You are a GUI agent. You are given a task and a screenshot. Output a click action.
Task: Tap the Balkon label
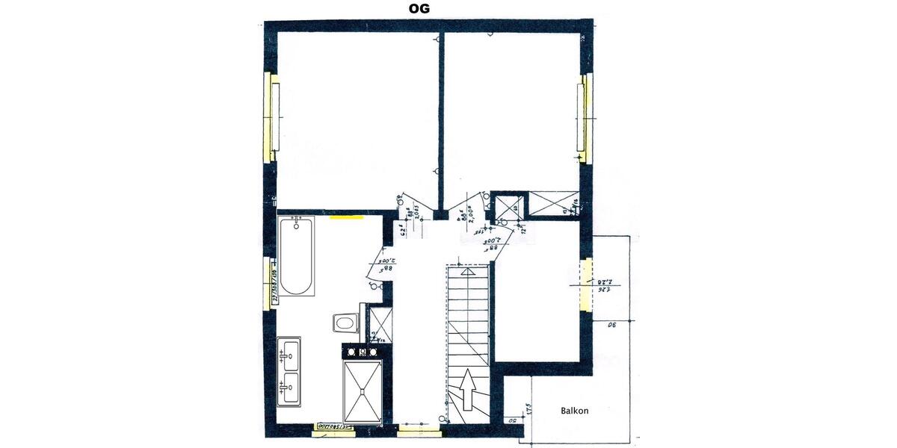point(574,411)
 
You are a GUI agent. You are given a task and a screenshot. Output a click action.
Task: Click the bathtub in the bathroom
point(297,257)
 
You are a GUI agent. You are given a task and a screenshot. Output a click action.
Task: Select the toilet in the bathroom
point(346,323)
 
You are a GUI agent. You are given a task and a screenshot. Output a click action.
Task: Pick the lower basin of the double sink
point(290,387)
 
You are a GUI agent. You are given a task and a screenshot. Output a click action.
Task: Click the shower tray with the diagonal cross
point(362,391)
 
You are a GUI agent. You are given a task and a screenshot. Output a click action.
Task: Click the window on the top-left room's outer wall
point(271,117)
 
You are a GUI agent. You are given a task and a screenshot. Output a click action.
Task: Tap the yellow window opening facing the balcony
point(587,284)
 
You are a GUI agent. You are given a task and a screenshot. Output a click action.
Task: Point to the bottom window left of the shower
point(334,427)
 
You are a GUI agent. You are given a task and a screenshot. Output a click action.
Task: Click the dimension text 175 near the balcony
point(528,408)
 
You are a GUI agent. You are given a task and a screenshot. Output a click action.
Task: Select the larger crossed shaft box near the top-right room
point(554,203)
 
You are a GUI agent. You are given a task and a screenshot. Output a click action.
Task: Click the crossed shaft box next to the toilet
point(380,323)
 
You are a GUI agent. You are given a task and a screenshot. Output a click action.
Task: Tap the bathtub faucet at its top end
point(297,223)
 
